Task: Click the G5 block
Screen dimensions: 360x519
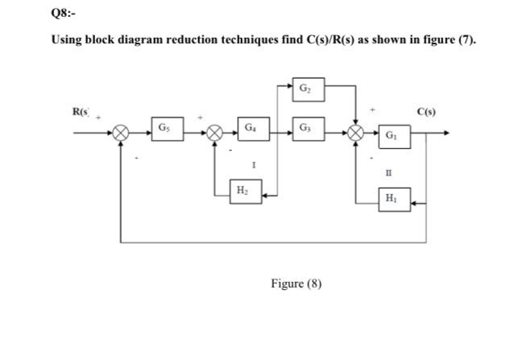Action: (x=164, y=128)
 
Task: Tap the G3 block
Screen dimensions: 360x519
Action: (x=304, y=128)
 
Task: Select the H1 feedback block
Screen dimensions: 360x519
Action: (x=392, y=197)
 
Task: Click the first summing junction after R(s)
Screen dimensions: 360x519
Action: (x=121, y=134)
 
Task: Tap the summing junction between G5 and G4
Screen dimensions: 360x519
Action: (x=215, y=134)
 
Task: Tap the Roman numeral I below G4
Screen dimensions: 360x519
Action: (x=253, y=164)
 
